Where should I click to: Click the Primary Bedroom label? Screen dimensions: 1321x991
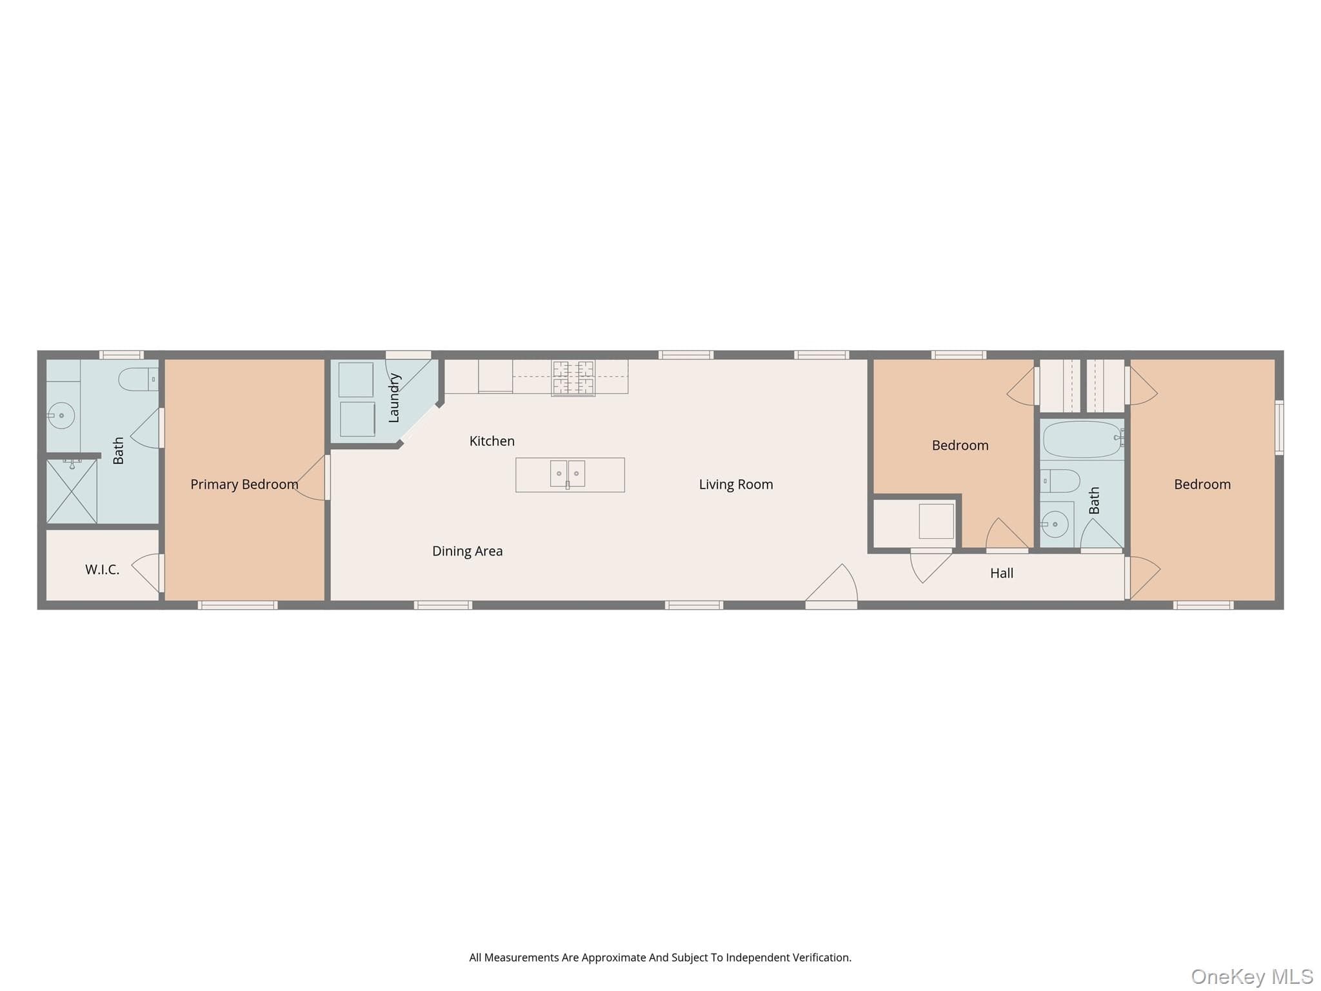coord(244,485)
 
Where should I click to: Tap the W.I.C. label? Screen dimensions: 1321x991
coord(103,570)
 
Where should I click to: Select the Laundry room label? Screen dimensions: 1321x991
coord(394,398)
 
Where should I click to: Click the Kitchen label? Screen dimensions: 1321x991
coord(492,441)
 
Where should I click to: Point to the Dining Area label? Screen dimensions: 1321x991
coord(468,551)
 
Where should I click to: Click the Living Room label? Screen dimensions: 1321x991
coord(736,485)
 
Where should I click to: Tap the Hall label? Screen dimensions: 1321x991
coord(1002,573)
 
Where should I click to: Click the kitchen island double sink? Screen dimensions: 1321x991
coord(568,474)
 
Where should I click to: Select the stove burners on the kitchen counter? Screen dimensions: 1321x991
coord(573,378)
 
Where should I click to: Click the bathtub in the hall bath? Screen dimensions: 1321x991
coord(1082,439)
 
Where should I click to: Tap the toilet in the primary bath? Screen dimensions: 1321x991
coord(138,379)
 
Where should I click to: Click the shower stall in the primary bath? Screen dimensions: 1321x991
coord(72,491)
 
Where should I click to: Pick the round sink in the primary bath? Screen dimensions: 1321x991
coord(61,415)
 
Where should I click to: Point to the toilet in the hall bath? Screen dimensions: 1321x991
coord(1060,481)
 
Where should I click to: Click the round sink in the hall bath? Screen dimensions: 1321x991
coord(1055,525)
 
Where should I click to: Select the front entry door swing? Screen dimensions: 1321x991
coord(832,584)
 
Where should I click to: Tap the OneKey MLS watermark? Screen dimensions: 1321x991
coord(1252,976)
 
